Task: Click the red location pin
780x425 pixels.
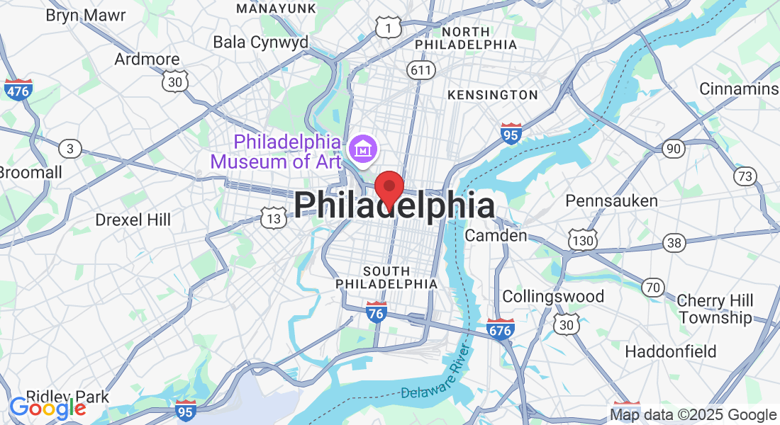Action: pos(389,188)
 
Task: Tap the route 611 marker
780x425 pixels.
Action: pos(420,69)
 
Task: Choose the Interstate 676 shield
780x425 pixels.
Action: pos(501,329)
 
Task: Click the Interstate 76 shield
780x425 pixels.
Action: pos(377,312)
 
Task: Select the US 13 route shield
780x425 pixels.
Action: pos(273,218)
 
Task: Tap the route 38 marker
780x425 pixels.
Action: pos(674,243)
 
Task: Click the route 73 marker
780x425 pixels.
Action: pos(745,176)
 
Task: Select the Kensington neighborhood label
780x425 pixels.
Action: pos(493,95)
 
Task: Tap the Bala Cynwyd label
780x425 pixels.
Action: pos(261,42)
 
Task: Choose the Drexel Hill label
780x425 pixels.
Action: pos(133,220)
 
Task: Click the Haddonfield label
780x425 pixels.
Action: pos(671,351)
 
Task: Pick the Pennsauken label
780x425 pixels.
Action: pos(611,200)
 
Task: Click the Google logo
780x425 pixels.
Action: pos(48,408)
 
